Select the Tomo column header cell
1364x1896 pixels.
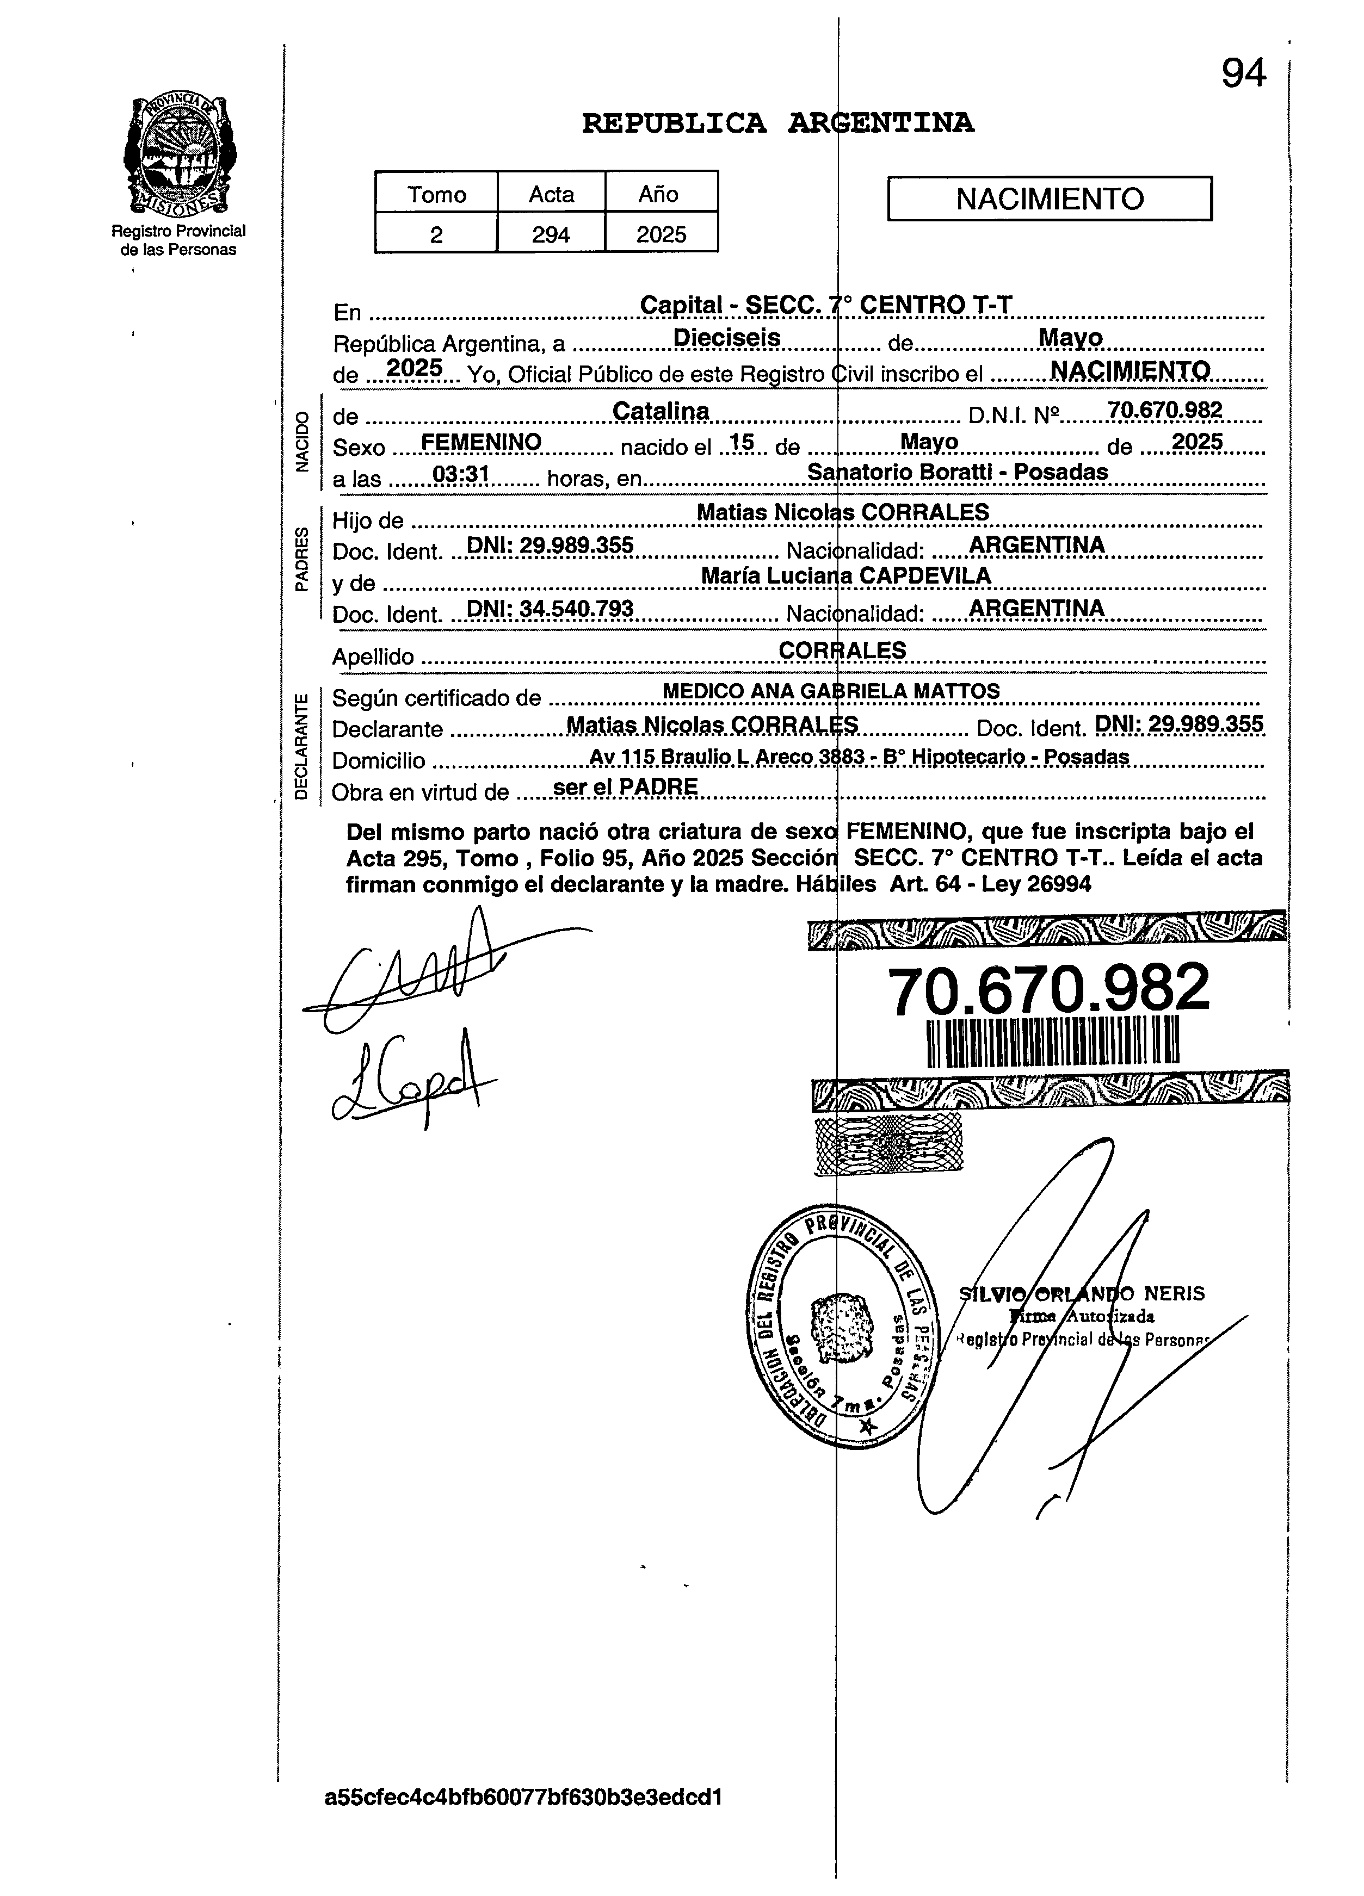click(x=436, y=194)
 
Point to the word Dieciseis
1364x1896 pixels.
click(x=727, y=338)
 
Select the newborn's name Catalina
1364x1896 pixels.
click(x=661, y=411)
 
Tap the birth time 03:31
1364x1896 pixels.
click(x=460, y=474)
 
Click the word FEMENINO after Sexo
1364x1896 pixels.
click(x=481, y=442)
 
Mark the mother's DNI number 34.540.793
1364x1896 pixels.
click(x=550, y=609)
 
